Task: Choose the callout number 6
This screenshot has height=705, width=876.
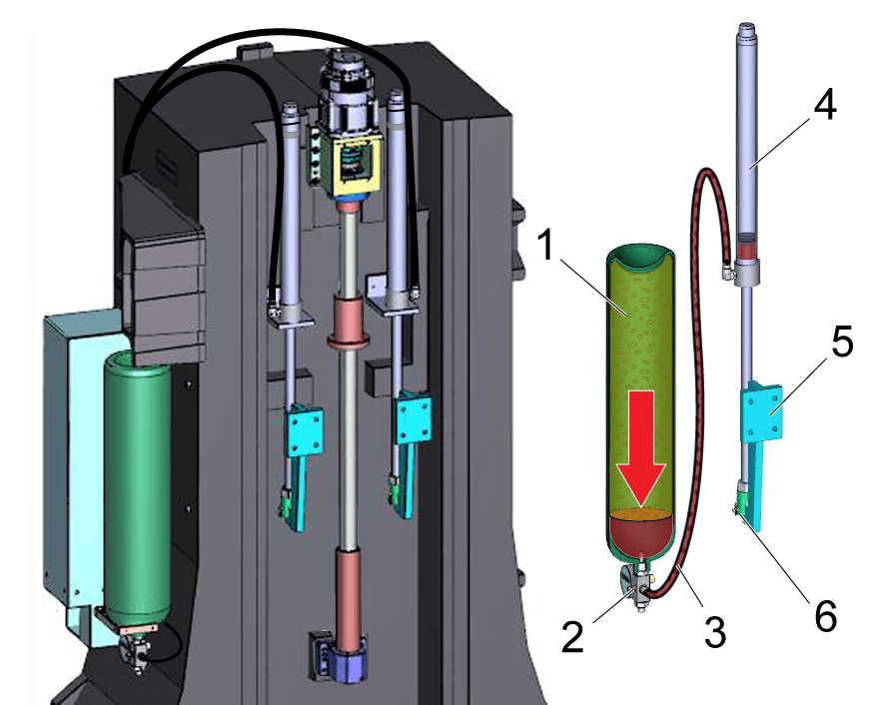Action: click(823, 615)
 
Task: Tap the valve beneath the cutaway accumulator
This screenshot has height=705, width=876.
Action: click(636, 587)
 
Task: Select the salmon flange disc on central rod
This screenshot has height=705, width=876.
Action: click(351, 342)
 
